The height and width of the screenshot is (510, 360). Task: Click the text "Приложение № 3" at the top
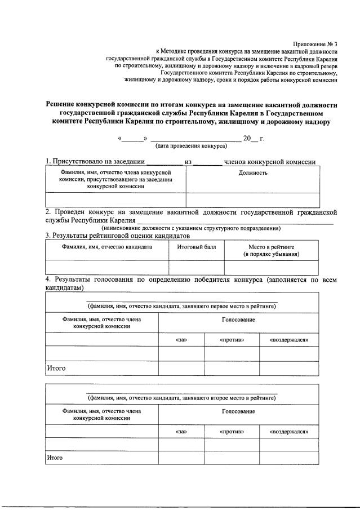click(315, 44)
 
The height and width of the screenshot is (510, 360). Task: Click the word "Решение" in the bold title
click(65, 104)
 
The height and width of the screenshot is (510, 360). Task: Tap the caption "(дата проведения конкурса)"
click(191, 145)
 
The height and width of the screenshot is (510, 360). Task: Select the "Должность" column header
click(253, 172)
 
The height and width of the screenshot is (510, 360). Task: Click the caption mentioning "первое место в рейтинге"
click(181, 306)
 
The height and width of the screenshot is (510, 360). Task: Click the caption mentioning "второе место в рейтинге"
click(181, 398)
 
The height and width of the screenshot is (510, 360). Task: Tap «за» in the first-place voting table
click(181, 340)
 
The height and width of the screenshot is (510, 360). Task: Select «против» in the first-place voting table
click(232, 340)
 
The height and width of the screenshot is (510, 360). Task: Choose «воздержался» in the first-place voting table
click(289, 340)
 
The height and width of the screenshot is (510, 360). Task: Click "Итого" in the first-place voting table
click(56, 369)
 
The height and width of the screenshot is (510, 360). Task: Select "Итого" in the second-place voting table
click(55, 458)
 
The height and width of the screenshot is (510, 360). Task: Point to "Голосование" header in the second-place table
click(238, 411)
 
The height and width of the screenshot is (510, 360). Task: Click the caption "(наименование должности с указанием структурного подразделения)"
click(191, 228)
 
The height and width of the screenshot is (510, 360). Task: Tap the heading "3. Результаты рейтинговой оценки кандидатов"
click(117, 236)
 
